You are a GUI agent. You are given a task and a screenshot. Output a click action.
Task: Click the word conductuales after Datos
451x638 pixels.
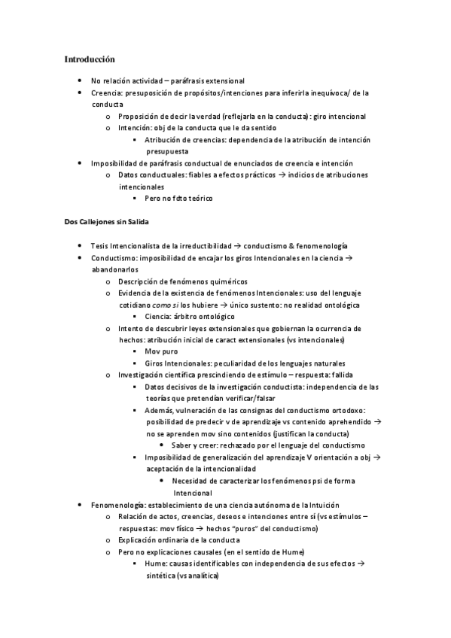(x=162, y=175)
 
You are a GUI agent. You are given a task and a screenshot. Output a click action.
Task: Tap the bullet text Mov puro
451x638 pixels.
(x=162, y=351)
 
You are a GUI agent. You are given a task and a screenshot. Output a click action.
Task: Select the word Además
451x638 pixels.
(x=160, y=410)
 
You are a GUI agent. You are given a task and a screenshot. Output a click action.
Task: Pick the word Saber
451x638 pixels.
(x=183, y=445)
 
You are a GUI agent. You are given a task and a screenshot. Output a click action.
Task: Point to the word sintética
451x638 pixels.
(x=160, y=575)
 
